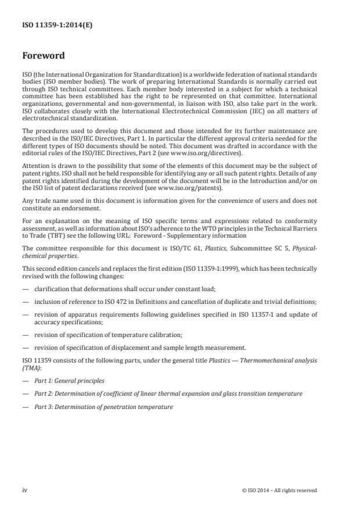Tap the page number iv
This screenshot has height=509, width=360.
coord(25,490)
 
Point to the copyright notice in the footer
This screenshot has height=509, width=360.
coord(279,490)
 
